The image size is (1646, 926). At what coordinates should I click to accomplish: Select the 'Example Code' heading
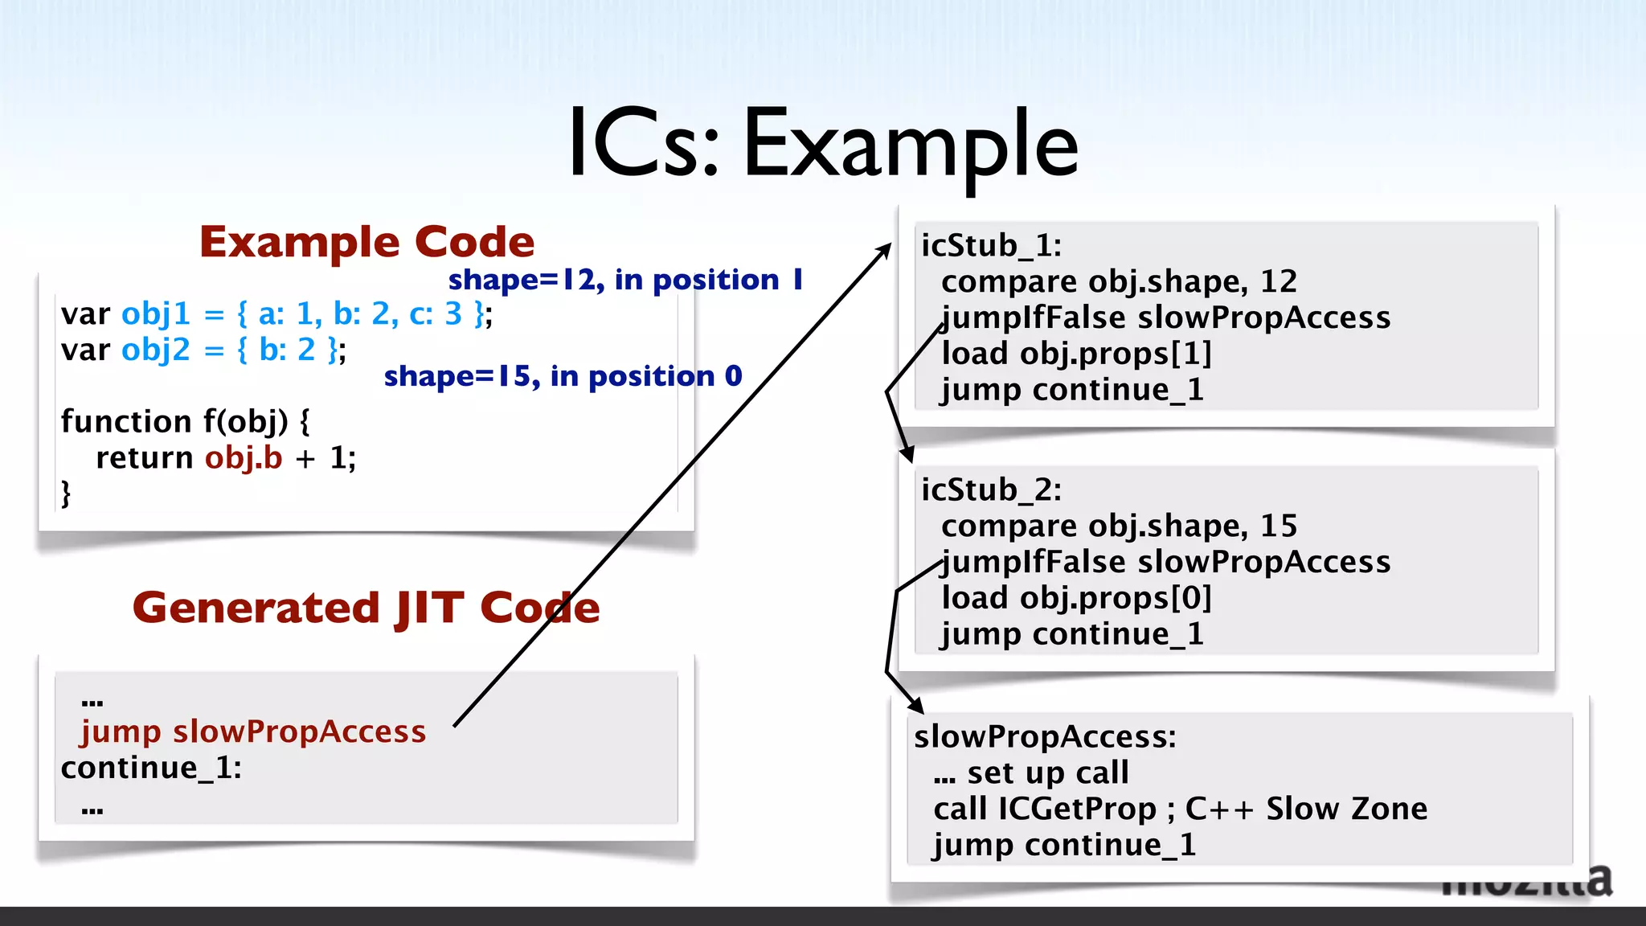(366, 242)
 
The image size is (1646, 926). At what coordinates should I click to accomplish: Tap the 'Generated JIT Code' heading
(366, 608)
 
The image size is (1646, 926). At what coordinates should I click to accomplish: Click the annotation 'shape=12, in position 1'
(625, 280)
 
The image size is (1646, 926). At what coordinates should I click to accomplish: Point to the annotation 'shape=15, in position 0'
(563, 376)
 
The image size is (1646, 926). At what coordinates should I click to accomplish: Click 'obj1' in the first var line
(156, 313)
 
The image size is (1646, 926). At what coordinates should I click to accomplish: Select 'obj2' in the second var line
(156, 350)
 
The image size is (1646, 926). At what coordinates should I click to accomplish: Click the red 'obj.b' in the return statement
(244, 457)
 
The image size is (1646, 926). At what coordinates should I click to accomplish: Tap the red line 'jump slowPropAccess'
(253, 731)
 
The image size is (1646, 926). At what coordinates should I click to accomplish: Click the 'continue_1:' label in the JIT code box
(151, 768)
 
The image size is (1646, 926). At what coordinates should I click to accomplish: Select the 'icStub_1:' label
(991, 245)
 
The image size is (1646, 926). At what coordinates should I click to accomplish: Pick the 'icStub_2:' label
(991, 490)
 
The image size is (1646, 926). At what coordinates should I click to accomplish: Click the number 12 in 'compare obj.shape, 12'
(1279, 281)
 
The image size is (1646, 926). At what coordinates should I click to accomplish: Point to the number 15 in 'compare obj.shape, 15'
(1279, 526)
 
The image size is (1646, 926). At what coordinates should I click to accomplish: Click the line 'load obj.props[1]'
(1076, 354)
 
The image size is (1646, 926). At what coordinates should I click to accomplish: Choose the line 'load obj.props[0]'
(1076, 598)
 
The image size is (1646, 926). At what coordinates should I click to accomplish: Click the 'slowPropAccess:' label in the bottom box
(1045, 736)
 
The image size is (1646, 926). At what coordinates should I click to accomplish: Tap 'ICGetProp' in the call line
(1077, 809)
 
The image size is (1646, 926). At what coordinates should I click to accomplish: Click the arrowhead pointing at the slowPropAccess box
(916, 707)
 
